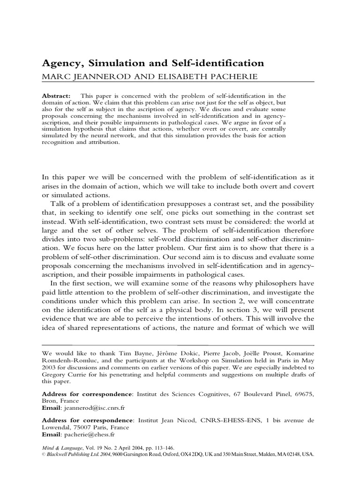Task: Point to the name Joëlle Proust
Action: coord(247,352)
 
